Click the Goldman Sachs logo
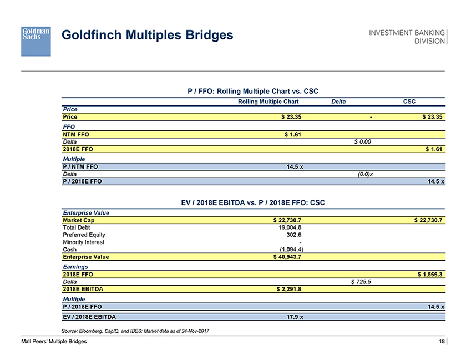tap(36, 40)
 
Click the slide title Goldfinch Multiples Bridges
tap(147, 36)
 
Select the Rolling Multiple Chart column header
tap(268, 102)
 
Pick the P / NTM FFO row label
tap(83, 166)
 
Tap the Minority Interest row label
tap(84, 242)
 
